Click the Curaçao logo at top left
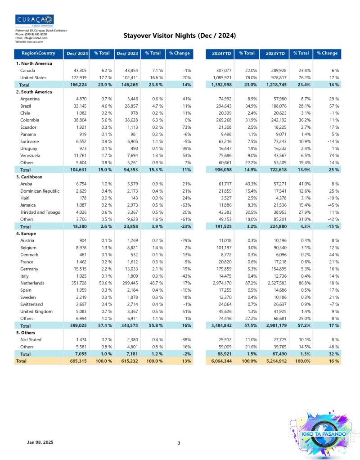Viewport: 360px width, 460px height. point(35,20)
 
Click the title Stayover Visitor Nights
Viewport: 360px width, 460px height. point(180,36)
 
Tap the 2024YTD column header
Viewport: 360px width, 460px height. point(221,54)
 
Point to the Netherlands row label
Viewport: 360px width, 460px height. point(32,283)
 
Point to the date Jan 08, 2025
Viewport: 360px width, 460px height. point(40,443)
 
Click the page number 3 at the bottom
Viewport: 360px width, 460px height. point(179,443)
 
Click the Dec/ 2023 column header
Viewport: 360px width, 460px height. point(127,54)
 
